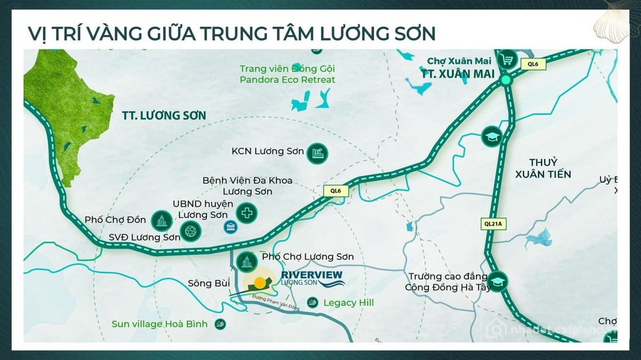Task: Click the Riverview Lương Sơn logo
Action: pos(312,278)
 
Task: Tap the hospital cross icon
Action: pos(247,213)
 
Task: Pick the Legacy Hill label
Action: pos(348,303)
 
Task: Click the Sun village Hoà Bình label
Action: pos(160,324)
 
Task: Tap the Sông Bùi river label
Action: pos(209,284)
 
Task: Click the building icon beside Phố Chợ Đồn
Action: pos(160,220)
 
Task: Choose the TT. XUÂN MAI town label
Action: pos(458,74)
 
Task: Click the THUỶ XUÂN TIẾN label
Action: pos(544,168)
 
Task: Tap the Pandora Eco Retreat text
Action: pos(287,79)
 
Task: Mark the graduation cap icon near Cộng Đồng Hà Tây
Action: pos(498,282)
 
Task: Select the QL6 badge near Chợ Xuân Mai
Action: pos(534,64)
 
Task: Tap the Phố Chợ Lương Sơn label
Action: pos(308,257)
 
